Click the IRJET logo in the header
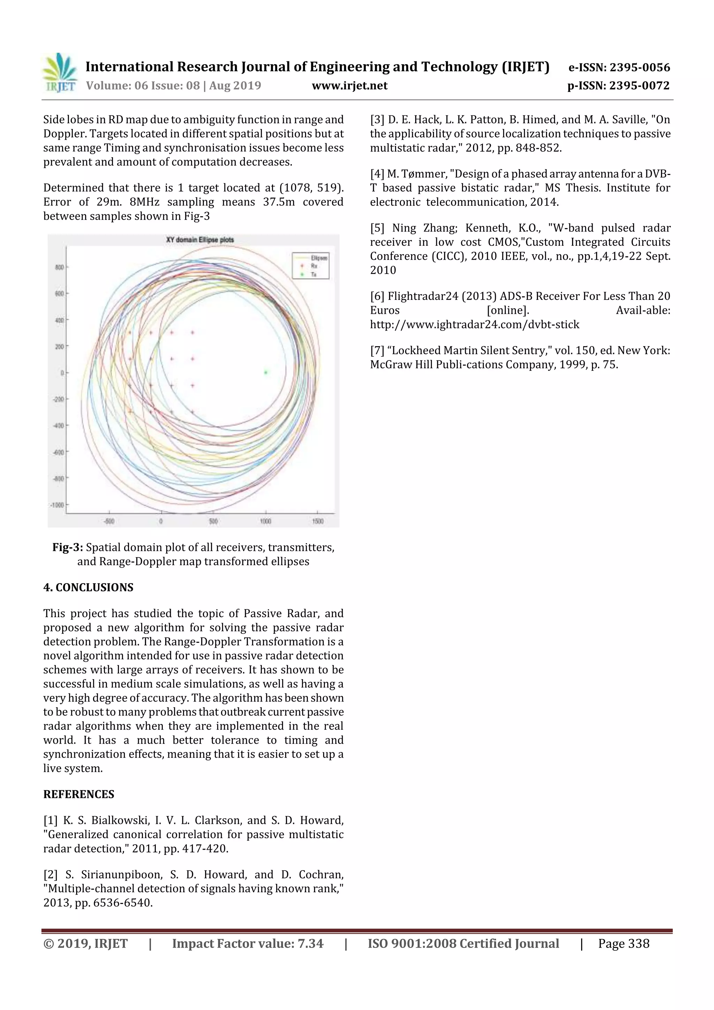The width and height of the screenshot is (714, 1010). coord(59,73)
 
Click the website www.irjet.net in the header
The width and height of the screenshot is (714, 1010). coord(349,86)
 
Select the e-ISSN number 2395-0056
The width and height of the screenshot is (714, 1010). coord(639,67)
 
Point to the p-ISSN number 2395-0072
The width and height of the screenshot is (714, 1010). coord(639,86)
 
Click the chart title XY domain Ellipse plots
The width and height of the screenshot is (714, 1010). coord(200,240)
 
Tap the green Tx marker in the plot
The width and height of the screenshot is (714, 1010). coord(266,372)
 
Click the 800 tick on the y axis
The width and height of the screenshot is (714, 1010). coord(59,267)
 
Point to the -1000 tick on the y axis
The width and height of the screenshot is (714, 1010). coord(57,504)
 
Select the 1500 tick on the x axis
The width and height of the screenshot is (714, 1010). coord(317,521)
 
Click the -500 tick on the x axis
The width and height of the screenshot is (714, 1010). coord(109,521)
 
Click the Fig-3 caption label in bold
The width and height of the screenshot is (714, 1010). coord(67,547)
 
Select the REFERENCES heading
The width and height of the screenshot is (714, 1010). coord(78,794)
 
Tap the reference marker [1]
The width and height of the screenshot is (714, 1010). coord(51,820)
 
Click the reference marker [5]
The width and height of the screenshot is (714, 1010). coord(378,228)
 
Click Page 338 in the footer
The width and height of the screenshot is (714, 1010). coord(623,943)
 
